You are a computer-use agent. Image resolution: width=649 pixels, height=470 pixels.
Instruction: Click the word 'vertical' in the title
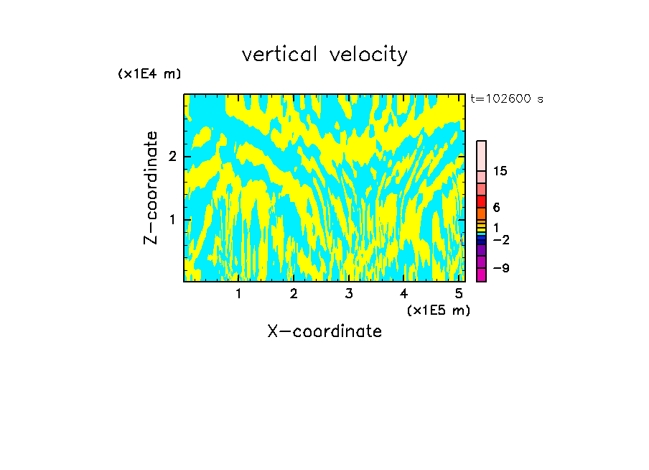pyautogui.click(x=276, y=55)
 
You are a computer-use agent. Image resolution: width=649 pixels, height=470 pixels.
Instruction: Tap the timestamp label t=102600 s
pyautogui.click(x=507, y=98)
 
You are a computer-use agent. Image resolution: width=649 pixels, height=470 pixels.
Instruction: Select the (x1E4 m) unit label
pyautogui.click(x=149, y=73)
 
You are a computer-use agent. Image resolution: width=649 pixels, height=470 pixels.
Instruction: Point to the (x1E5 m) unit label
pyautogui.click(x=438, y=310)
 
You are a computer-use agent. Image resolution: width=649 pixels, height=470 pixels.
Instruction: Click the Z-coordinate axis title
pyautogui.click(x=151, y=188)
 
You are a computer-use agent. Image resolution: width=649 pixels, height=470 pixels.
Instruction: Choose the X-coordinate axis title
pyautogui.click(x=324, y=331)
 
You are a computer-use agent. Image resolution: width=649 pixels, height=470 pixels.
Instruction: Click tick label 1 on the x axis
pyautogui.click(x=238, y=294)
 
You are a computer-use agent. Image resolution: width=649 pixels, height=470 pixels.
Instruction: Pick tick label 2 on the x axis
pyautogui.click(x=294, y=294)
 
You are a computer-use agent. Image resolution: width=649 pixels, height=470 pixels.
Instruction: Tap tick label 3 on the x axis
pyautogui.click(x=349, y=294)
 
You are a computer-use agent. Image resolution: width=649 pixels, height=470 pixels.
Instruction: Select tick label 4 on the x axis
pyautogui.click(x=403, y=294)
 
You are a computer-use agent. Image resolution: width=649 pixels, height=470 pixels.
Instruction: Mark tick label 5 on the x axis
pyautogui.click(x=459, y=294)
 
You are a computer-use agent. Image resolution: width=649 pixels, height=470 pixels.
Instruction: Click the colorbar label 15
pyautogui.click(x=500, y=171)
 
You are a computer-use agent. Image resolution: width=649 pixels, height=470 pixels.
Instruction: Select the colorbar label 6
pyautogui.click(x=496, y=207)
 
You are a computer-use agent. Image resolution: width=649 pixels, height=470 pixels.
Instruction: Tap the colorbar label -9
pyautogui.click(x=500, y=268)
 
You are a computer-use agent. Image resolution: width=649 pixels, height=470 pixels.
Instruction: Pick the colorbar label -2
pyautogui.click(x=500, y=239)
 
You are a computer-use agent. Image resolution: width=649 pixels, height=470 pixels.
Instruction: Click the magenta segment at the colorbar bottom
pyautogui.click(x=481, y=275)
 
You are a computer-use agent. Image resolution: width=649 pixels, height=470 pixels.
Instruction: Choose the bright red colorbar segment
pyautogui.click(x=481, y=201)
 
